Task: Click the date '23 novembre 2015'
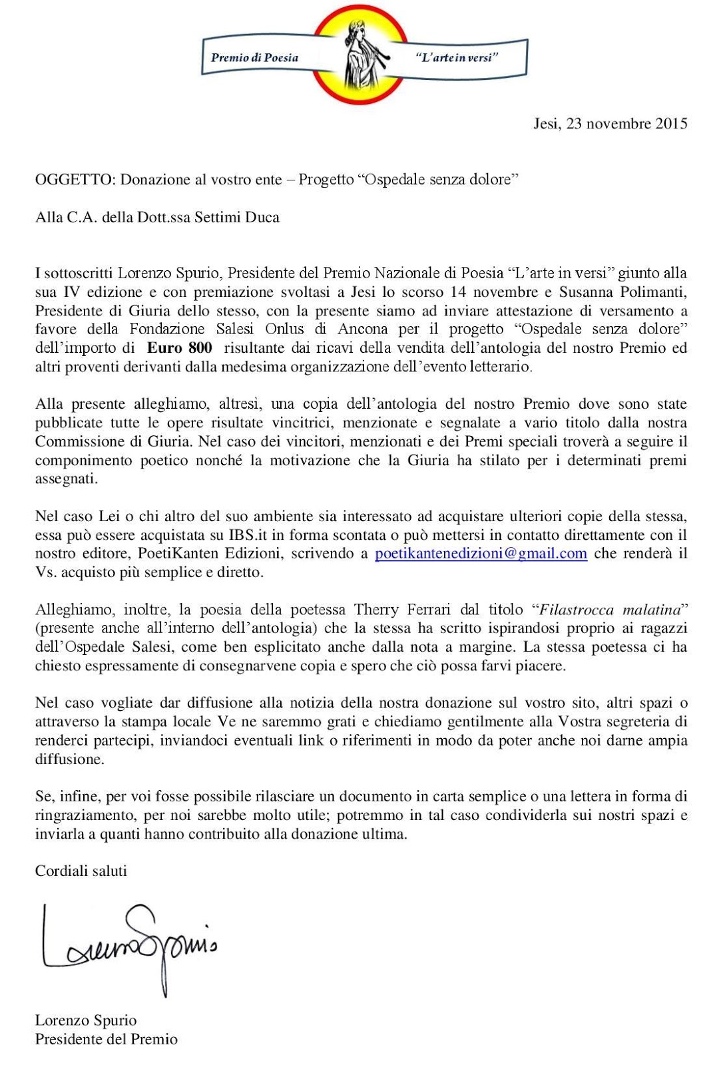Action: click(x=626, y=124)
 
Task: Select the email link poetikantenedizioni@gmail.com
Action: click(x=481, y=554)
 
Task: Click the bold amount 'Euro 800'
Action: click(x=180, y=347)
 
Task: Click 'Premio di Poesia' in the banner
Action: click(x=254, y=57)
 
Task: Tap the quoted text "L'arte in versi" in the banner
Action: click(x=456, y=57)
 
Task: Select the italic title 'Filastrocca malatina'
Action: click(x=610, y=610)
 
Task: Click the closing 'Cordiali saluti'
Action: click(x=81, y=871)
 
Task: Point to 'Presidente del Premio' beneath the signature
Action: click(x=106, y=1039)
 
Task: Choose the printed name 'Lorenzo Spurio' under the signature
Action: click(x=86, y=1020)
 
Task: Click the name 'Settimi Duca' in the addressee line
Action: click(x=237, y=218)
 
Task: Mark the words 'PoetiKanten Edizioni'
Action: click(x=204, y=554)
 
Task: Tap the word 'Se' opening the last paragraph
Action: click(x=43, y=796)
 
